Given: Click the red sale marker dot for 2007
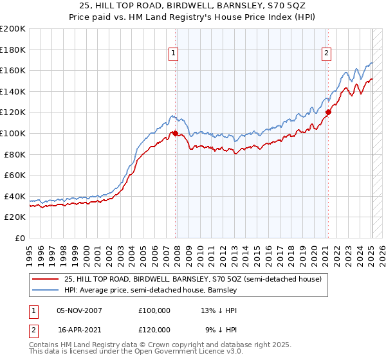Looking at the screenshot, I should [x=175, y=133].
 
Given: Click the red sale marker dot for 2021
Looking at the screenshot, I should [x=328, y=112].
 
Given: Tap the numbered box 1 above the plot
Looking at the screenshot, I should [x=174, y=53].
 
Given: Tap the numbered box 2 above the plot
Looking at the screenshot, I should [x=327, y=53].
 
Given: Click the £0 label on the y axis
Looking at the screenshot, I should [x=19, y=238].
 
